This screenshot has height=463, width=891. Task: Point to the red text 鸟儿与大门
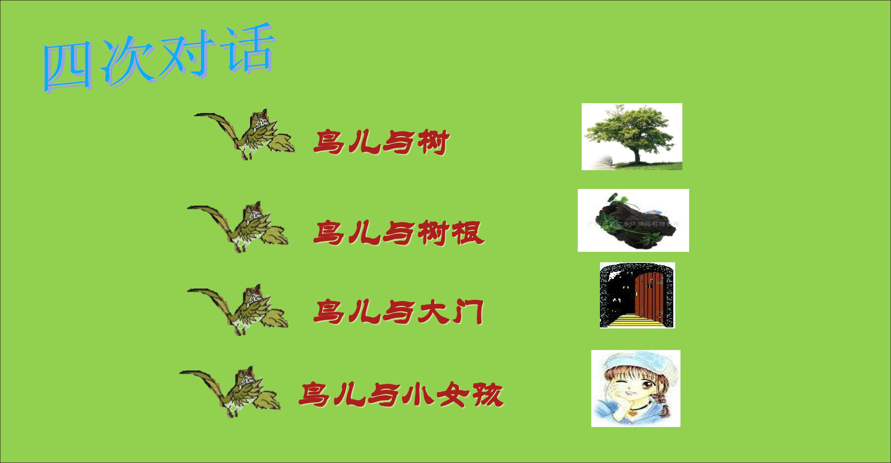(398, 312)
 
